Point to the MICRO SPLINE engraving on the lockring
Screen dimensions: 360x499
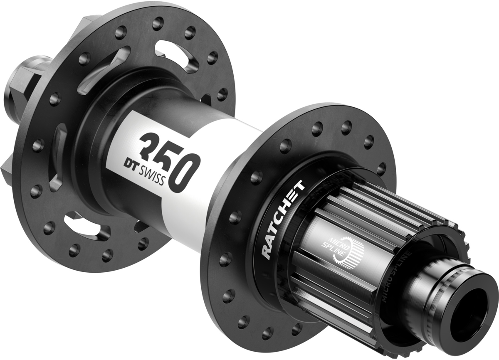tap(393, 270)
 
